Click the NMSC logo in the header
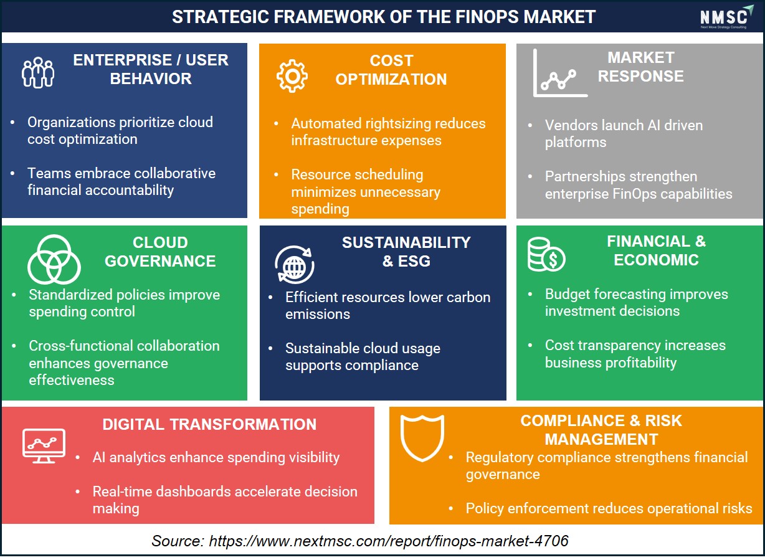(x=726, y=17)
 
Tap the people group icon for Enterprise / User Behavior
(x=38, y=72)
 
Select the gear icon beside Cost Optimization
(x=292, y=76)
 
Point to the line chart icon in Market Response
(x=560, y=73)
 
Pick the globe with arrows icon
(x=295, y=264)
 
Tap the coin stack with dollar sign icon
(x=546, y=254)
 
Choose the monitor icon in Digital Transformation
(x=44, y=445)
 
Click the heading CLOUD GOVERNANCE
(x=160, y=252)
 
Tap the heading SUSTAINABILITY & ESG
(x=406, y=252)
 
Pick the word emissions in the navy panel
(x=318, y=314)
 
